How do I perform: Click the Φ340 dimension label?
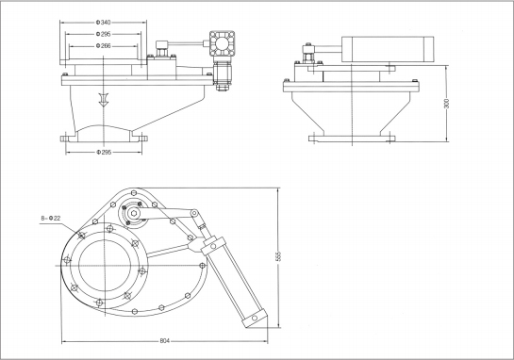[103, 23]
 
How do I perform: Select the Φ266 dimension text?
[103, 46]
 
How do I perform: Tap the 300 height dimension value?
[446, 103]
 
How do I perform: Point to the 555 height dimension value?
[278, 256]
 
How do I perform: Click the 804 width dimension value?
[164, 341]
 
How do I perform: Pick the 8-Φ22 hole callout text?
[51, 218]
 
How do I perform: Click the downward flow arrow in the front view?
[103, 100]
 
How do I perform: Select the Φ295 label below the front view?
[104, 152]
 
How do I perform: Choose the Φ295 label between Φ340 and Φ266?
[103, 34]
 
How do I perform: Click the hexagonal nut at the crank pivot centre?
[134, 213]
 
